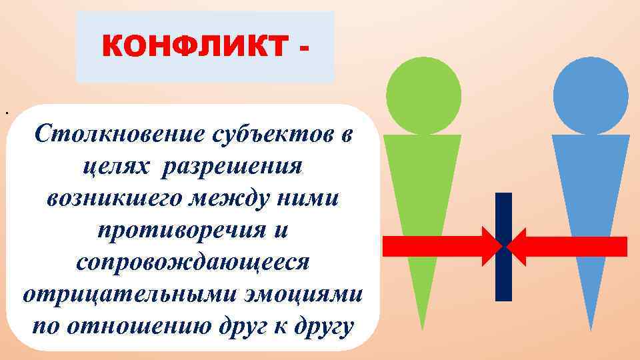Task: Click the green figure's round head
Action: point(423,94)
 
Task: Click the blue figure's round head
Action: point(591,94)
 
